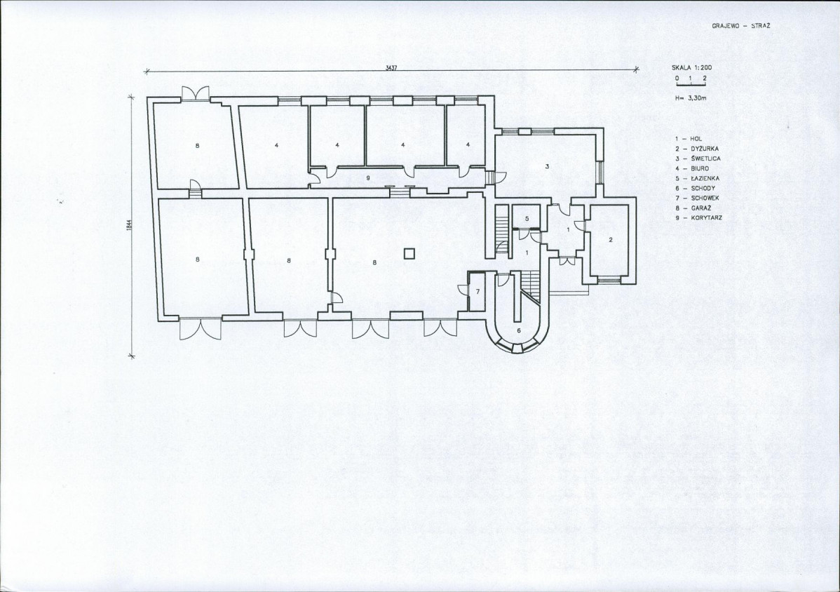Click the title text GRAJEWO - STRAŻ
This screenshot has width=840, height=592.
741,26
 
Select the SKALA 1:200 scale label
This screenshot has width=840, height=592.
692,68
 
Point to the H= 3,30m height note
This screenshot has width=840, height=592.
691,99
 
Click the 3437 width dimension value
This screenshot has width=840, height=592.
391,68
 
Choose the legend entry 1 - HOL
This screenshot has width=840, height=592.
689,139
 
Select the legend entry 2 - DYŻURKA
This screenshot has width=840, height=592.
697,149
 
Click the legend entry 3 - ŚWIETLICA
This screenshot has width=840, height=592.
698,159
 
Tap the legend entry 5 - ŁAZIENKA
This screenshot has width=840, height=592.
698,178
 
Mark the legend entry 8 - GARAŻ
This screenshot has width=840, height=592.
693,208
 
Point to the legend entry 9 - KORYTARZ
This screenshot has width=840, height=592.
698,218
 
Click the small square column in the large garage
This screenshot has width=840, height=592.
409,253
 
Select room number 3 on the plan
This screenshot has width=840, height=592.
547,167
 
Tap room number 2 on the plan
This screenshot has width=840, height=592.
610,240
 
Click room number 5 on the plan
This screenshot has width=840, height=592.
527,218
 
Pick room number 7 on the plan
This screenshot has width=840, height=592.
478,292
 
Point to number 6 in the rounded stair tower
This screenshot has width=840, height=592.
518,330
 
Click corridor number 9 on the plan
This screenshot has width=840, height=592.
368,177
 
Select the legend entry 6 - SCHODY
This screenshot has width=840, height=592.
695,189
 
